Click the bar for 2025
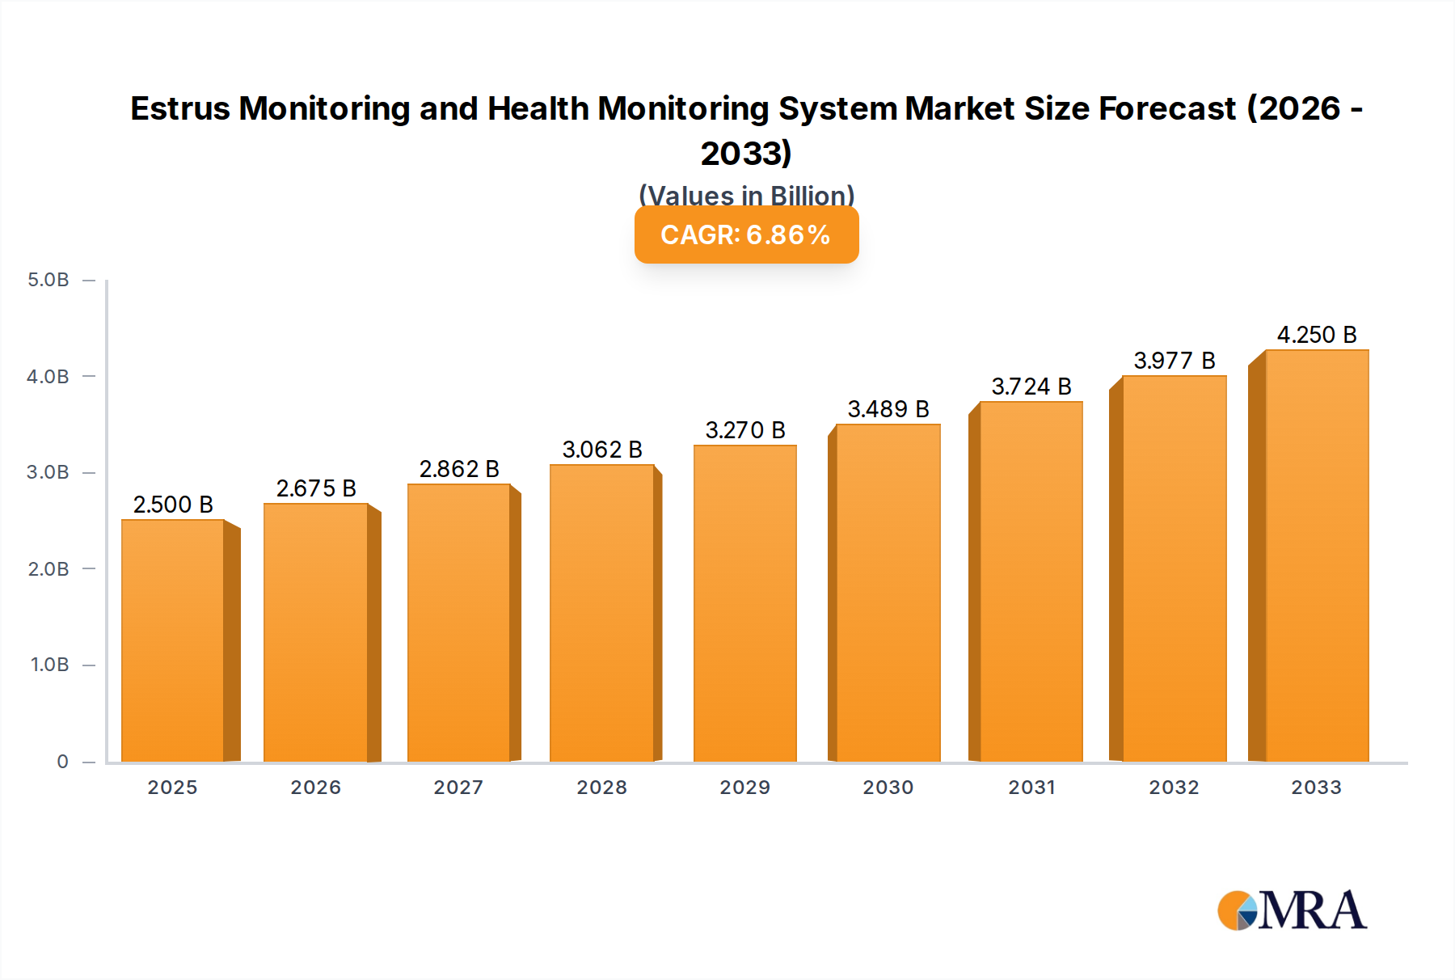[x=173, y=640]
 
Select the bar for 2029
[x=744, y=603]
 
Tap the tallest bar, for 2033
[x=1316, y=555]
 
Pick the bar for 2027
[x=458, y=623]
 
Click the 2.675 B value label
[x=316, y=488]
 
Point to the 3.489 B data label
[x=888, y=409]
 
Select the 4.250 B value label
[x=1317, y=335]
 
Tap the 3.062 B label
[x=602, y=450]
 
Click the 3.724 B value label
[x=1031, y=387]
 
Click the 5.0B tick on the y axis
[x=48, y=281]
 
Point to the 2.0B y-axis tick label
[x=48, y=569]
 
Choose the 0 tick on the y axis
[x=62, y=762]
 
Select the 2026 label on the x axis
[x=316, y=788]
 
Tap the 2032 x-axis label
[x=1174, y=788]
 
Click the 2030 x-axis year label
[x=888, y=788]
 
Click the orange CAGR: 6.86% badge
[x=746, y=235]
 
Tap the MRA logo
[x=1292, y=910]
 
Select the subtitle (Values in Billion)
[x=746, y=195]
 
